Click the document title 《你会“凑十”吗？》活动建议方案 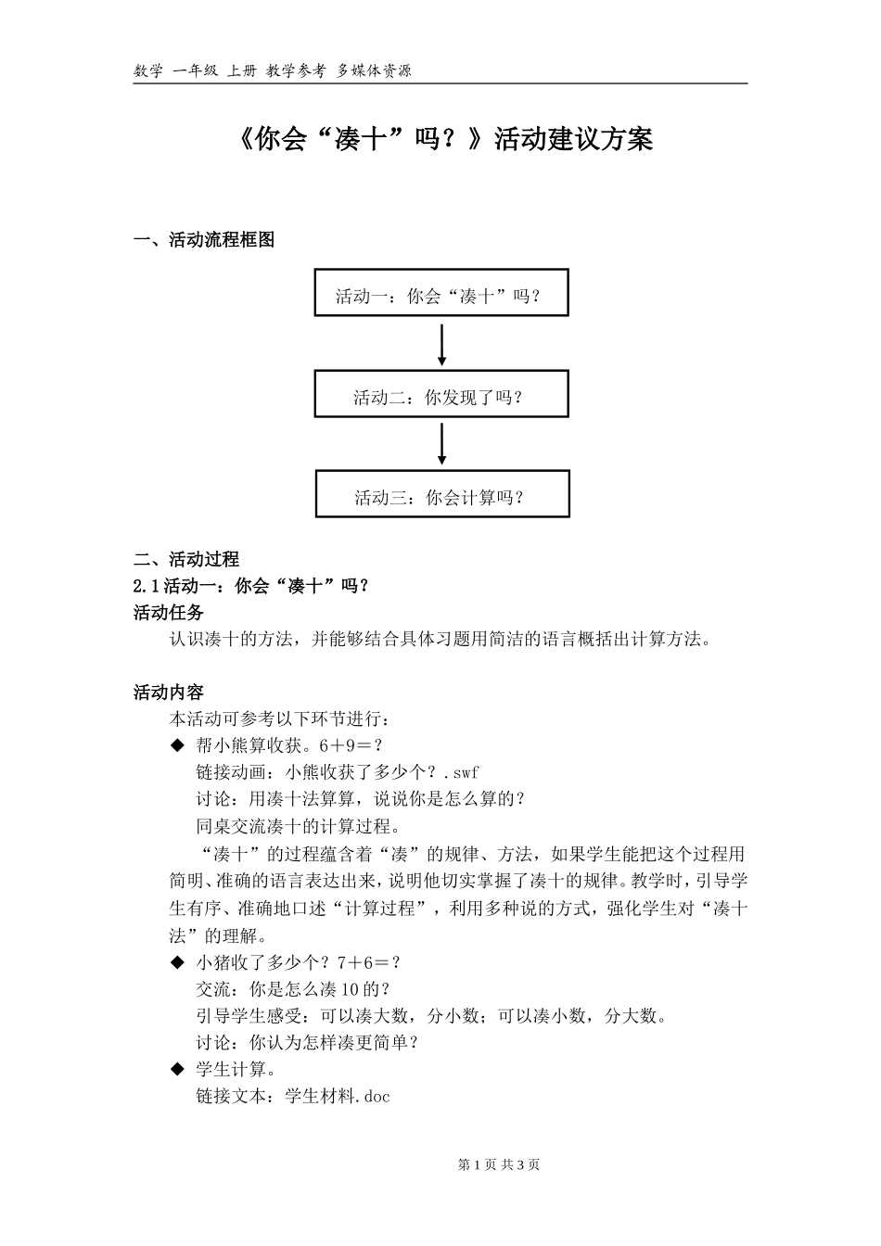point(440,140)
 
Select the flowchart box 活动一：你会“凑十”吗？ point(441,293)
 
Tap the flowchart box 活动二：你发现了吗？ point(441,395)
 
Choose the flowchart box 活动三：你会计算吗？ point(442,494)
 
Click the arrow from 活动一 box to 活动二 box point(442,344)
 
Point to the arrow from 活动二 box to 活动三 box point(442,444)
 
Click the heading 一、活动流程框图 point(204,240)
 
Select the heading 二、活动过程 point(186,559)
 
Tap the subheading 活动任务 point(169,612)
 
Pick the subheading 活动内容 point(169,692)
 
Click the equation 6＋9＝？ point(351,745)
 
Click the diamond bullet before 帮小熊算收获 point(177,745)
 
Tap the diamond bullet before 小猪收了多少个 point(177,963)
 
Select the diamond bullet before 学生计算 point(177,1070)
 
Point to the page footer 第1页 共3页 point(499,1164)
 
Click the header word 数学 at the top point(148,70)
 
